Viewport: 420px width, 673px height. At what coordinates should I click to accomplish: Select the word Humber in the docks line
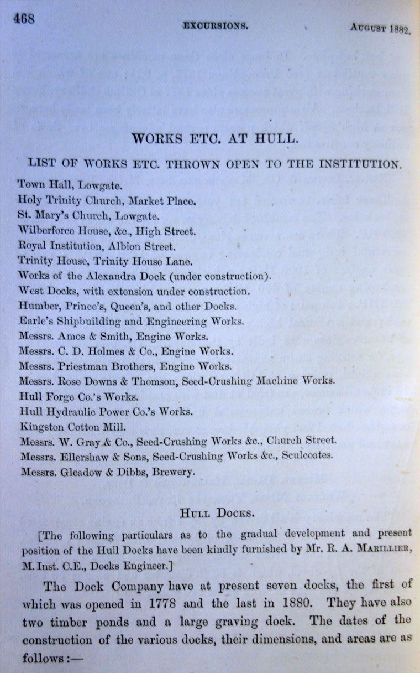[35, 305]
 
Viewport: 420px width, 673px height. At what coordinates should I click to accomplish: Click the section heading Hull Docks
[217, 514]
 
